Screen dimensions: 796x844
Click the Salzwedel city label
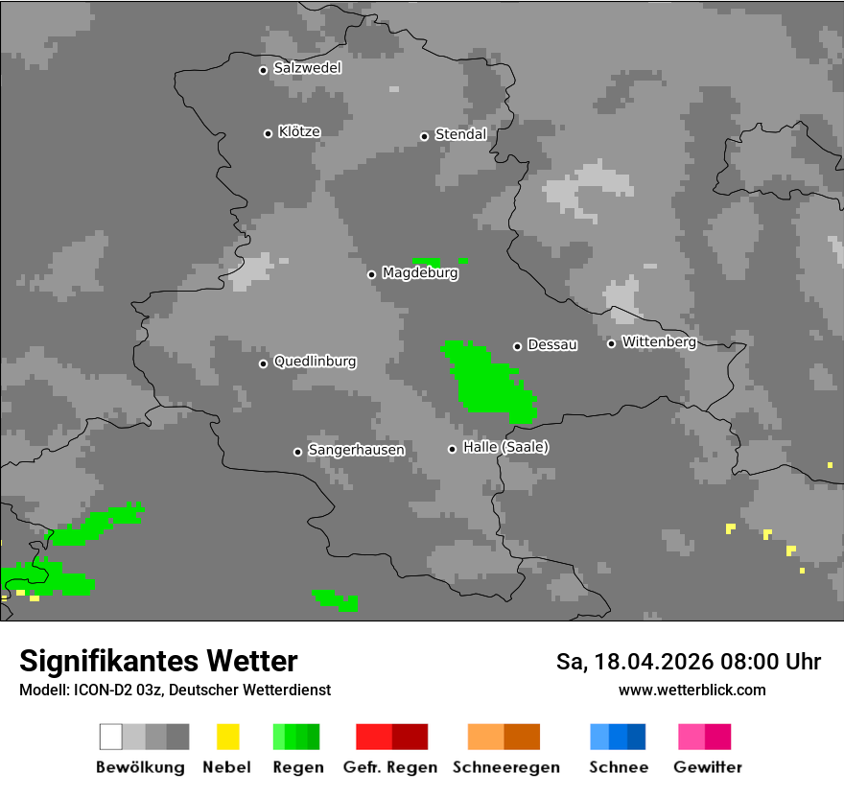(x=307, y=68)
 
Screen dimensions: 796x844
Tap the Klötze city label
(x=299, y=131)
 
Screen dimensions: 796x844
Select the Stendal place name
(x=460, y=134)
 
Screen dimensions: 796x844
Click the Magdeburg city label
(x=420, y=273)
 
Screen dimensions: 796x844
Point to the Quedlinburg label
(x=315, y=362)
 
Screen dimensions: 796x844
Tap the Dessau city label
(x=552, y=344)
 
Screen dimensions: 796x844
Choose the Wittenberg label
(x=659, y=341)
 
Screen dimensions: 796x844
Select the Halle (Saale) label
(x=505, y=447)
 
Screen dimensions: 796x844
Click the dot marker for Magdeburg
(x=371, y=274)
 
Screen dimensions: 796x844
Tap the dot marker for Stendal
(x=424, y=136)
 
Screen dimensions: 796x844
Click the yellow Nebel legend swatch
(x=227, y=737)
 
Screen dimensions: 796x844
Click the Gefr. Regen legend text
(x=390, y=767)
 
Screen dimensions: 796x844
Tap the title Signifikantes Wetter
(x=158, y=661)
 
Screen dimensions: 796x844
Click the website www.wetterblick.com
(x=692, y=690)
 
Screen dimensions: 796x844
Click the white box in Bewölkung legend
(x=111, y=737)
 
